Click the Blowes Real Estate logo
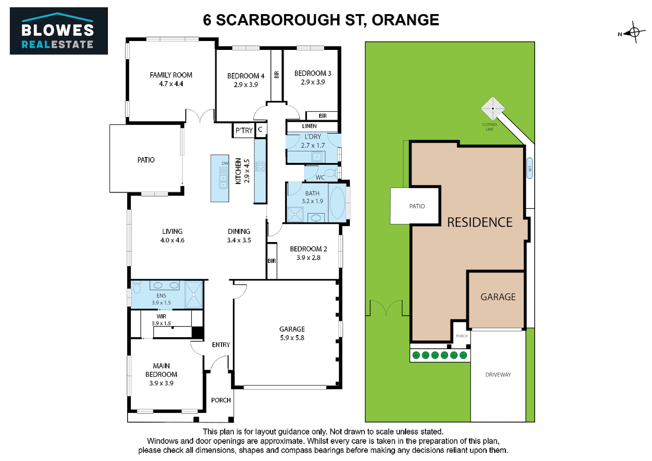point(58,31)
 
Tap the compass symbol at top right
point(634,32)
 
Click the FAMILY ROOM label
point(171,75)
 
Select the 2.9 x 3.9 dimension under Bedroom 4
point(246,85)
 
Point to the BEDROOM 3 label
point(312,73)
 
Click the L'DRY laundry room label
point(313,137)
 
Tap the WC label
point(320,177)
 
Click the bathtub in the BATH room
point(338,203)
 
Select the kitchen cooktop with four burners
point(260,166)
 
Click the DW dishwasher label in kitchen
point(225,163)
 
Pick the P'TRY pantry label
point(244,130)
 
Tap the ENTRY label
point(221,344)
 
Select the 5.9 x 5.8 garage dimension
point(292,338)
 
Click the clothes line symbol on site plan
point(493,108)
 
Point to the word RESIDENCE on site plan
point(480,222)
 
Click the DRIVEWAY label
point(498,375)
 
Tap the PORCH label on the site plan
point(462,336)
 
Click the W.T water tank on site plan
point(530,168)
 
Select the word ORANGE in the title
point(405,20)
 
